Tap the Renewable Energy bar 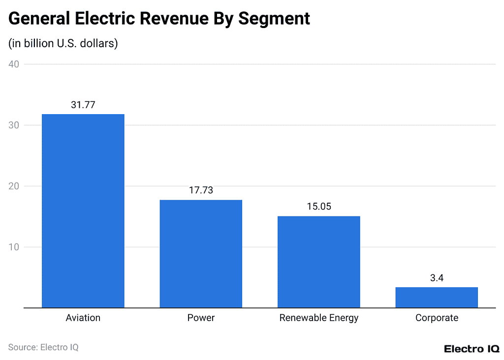(318, 262)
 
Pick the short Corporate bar (437, 297)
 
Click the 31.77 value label (83, 104)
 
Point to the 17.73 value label (201, 190)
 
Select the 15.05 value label (318, 207)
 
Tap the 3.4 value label (437, 278)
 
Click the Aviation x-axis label (83, 318)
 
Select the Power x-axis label (201, 318)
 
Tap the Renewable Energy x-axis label (318, 318)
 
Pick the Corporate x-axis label (437, 318)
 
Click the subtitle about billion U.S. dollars (63, 43)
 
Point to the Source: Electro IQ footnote (43, 347)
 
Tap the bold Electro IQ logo (471, 349)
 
